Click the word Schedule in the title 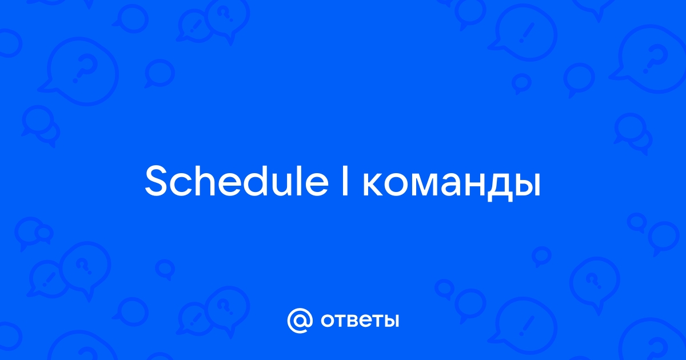pyautogui.click(x=237, y=181)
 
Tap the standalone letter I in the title pyautogui.click(x=345, y=181)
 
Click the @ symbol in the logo pyautogui.click(x=300, y=321)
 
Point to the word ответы pyautogui.click(x=360, y=321)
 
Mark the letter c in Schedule pyautogui.click(x=184, y=185)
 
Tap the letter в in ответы pyautogui.click(x=357, y=321)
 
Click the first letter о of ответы pyautogui.click(x=328, y=321)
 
